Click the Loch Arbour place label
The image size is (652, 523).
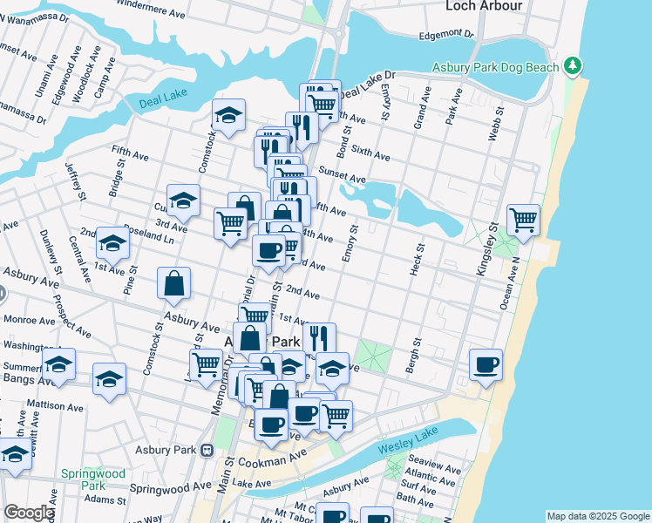484,6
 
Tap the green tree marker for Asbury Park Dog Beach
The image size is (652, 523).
572,65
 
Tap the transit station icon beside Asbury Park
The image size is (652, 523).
207,451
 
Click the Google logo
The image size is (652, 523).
28,513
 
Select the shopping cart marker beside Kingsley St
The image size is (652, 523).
523,221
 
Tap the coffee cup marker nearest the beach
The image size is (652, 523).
486,364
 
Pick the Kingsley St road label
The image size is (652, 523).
486,249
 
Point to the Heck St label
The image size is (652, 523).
416,261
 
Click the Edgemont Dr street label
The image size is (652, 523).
445,34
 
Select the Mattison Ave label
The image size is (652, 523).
57,405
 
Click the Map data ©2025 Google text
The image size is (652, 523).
598,516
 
